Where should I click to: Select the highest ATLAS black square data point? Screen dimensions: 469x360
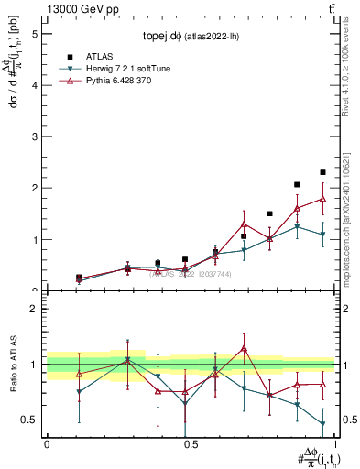(322, 172)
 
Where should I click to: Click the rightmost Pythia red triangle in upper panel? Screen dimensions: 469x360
(322, 199)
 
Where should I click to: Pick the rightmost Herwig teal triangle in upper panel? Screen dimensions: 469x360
(322, 234)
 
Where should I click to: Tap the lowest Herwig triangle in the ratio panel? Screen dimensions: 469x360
(322, 423)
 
